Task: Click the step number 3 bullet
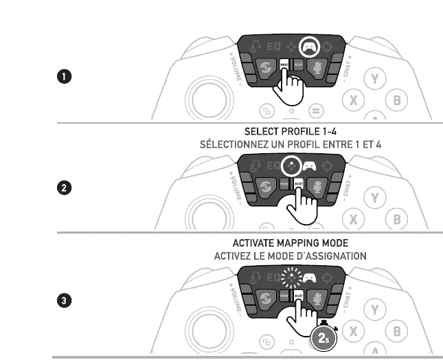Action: point(63,300)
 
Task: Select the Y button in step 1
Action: point(374,78)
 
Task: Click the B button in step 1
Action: point(396,100)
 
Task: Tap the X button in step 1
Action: point(354,100)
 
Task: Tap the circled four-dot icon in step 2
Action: point(293,166)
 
